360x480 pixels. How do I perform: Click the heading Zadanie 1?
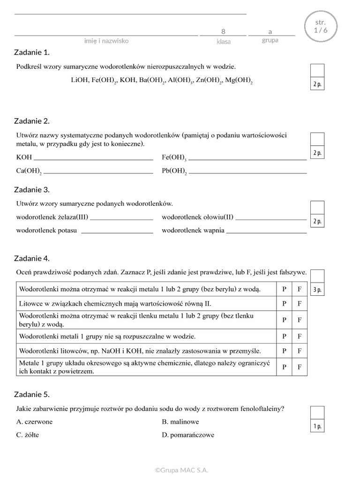pos(32,52)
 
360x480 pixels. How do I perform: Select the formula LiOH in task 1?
pos(79,80)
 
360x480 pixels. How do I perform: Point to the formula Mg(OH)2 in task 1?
pos(239,81)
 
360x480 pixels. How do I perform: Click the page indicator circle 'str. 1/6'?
pos(320,27)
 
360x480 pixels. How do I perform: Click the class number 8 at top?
pos(223,31)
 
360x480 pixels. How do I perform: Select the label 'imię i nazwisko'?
pos(106,41)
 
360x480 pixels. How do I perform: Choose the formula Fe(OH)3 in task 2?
pos(174,157)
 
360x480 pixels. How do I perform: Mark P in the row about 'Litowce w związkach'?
pos(284,303)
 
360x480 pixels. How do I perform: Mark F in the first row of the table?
pos(300,289)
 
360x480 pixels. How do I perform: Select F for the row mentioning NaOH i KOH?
pos(300,351)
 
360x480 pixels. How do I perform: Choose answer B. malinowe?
pos(180,421)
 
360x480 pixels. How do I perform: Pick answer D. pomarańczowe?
pos(188,435)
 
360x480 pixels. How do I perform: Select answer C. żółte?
pos(28,435)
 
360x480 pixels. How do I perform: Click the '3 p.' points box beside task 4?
pos(317,290)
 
